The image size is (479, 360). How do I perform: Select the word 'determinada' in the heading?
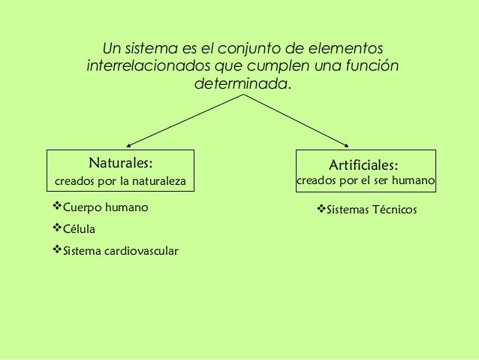point(239,83)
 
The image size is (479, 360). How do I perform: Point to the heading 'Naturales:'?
point(121,162)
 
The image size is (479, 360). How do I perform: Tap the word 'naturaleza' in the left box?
point(160,182)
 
